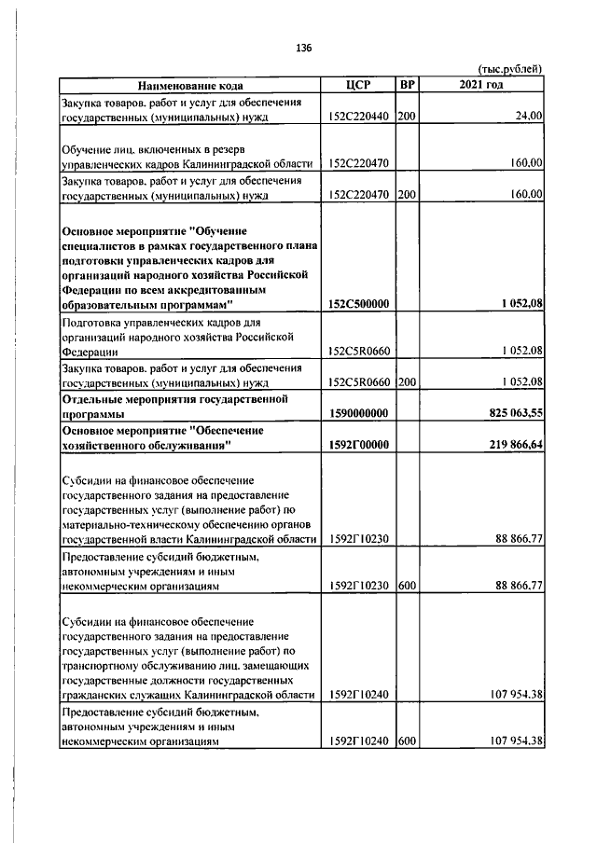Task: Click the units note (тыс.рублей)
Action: (509, 69)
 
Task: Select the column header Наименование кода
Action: (189, 85)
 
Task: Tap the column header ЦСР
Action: (357, 85)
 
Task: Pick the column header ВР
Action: (407, 85)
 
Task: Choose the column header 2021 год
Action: (481, 85)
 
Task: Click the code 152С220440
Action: (360, 117)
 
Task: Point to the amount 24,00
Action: (528, 117)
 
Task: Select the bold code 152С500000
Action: (360, 304)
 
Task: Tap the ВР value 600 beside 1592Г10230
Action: (407, 586)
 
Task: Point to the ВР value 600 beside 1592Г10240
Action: (407, 741)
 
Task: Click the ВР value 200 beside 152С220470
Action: (407, 195)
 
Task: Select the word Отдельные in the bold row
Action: (95, 398)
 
